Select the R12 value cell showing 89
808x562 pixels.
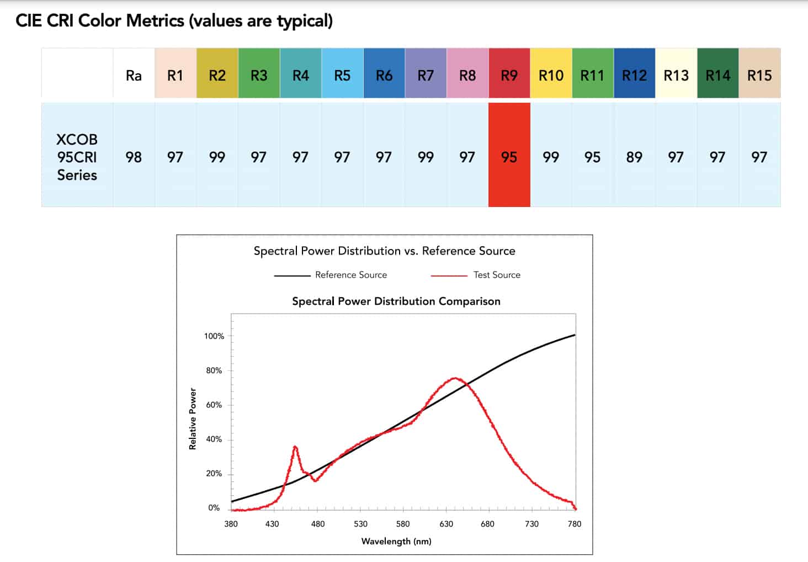click(x=635, y=155)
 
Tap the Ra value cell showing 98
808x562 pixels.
click(x=134, y=155)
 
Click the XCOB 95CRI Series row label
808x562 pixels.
click(x=77, y=157)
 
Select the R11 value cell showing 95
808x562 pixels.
click(x=593, y=155)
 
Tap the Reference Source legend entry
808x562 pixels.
click(x=330, y=275)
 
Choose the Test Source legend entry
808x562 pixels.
click(x=476, y=275)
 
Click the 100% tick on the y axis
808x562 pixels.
click(x=214, y=336)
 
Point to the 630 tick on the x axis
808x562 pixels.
click(x=446, y=524)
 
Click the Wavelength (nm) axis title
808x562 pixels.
click(x=396, y=542)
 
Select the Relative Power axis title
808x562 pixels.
click(x=193, y=419)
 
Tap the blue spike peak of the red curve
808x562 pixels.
click(x=295, y=447)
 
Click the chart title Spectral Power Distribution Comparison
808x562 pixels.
click(x=396, y=301)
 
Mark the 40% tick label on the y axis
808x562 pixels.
click(x=214, y=439)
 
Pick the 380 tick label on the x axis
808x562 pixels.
click(x=231, y=524)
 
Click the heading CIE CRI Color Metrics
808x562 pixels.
click(x=174, y=20)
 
